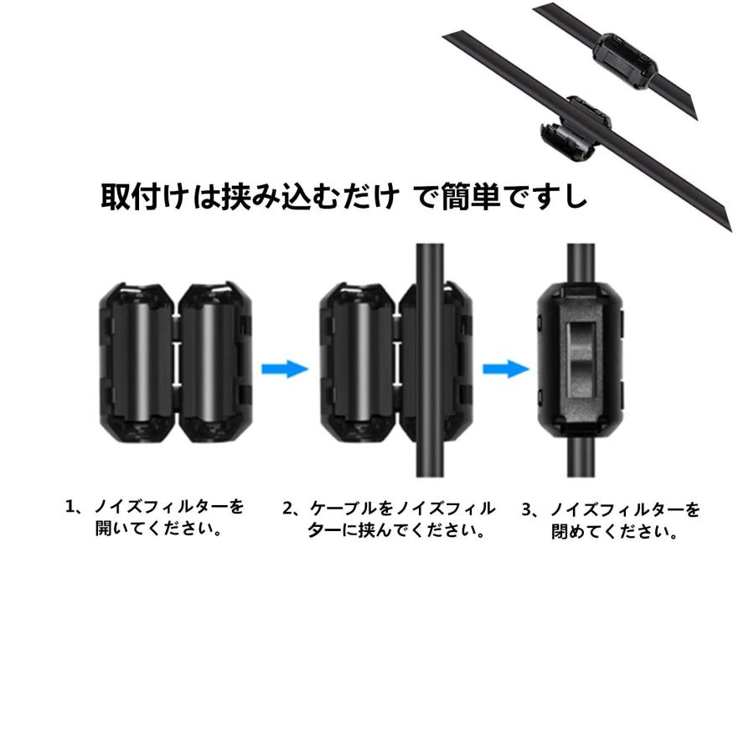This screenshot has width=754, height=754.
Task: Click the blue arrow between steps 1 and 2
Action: click(x=285, y=369)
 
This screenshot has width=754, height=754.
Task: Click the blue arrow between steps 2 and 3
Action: click(x=506, y=369)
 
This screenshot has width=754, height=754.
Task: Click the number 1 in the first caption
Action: click(x=72, y=507)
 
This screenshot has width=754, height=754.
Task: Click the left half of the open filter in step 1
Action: click(x=137, y=361)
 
